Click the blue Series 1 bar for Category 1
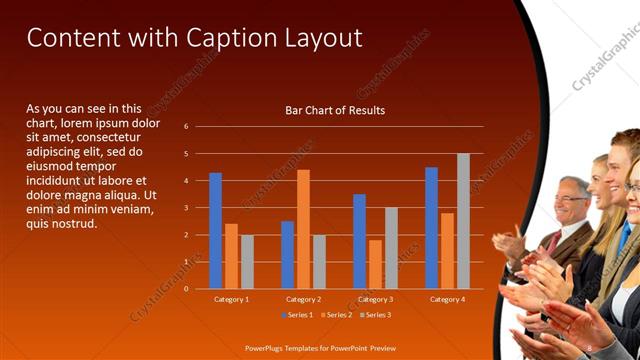[215, 231]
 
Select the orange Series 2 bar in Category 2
[303, 229]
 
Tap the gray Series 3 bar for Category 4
[463, 221]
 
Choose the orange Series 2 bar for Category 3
[375, 264]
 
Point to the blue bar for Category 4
[431, 228]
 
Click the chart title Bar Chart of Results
[335, 110]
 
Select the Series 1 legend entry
[297, 315]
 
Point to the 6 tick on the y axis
[186, 127]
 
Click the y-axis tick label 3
[186, 208]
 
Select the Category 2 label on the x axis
[303, 299]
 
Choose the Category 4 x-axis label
[447, 299]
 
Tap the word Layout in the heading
[324, 39]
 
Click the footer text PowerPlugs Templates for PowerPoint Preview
[319, 347]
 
